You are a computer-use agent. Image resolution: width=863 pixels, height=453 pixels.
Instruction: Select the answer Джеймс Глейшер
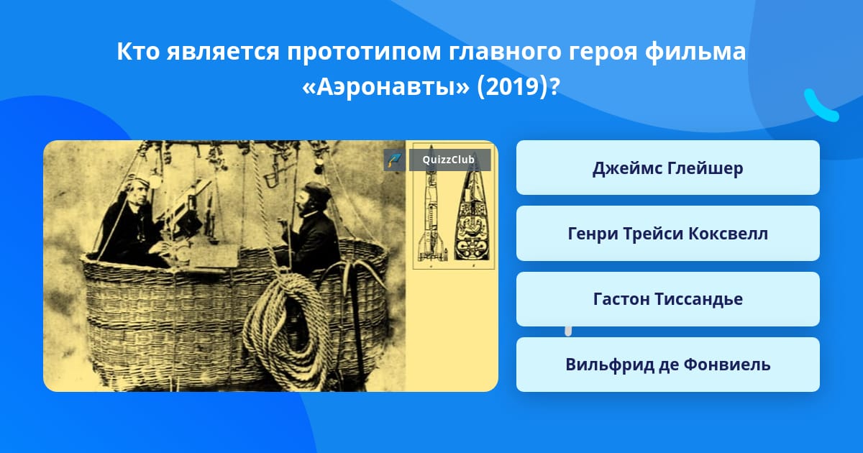point(667,168)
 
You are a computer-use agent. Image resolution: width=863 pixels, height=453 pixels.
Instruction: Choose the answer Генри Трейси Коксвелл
point(667,234)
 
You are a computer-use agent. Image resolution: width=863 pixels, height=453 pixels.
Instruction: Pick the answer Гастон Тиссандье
point(667,299)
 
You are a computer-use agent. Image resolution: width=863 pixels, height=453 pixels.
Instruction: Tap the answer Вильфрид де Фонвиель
point(667,365)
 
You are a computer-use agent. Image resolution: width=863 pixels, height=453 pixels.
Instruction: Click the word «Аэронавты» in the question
point(385,87)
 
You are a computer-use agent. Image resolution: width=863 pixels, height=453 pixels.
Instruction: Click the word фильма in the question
point(695,51)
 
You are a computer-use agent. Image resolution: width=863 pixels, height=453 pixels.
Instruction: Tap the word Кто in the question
point(138,51)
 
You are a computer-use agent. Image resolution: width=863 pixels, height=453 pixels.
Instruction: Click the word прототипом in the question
point(364,52)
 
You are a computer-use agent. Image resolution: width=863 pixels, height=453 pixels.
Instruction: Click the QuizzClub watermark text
point(449,160)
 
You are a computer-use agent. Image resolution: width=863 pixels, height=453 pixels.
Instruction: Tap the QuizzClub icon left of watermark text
point(394,160)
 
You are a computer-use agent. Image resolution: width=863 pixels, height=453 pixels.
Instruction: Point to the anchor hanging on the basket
point(352,293)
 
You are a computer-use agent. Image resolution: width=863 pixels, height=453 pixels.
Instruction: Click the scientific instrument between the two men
point(188,210)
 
